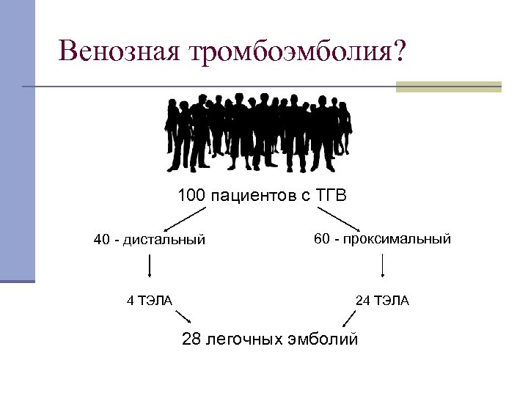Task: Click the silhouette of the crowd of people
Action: [257, 133]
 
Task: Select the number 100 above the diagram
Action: [191, 197]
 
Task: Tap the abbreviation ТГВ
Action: [331, 197]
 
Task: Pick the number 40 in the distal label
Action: [102, 240]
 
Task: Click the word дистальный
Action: [164, 240]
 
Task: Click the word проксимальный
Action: [400, 239]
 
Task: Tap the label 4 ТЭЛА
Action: [150, 300]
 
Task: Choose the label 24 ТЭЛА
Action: [382, 300]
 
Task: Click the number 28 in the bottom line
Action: [191, 339]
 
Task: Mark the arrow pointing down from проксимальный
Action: [382, 265]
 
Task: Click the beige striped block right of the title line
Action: [448, 87]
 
